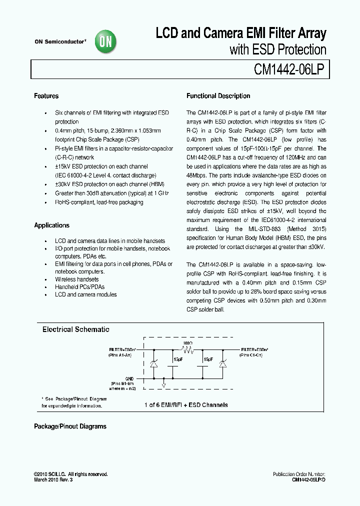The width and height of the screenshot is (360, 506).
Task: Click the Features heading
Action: click(46, 96)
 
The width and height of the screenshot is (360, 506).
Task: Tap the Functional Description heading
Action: click(218, 96)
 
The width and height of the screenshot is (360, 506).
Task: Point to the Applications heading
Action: click(51, 225)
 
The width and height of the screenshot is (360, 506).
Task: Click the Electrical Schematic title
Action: click(75, 329)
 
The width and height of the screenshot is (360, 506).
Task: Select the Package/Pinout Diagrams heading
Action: click(70, 426)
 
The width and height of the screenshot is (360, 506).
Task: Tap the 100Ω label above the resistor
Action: click(188, 343)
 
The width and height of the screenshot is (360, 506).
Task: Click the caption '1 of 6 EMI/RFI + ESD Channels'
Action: click(186, 405)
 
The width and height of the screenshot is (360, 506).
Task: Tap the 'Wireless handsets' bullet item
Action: click(76, 279)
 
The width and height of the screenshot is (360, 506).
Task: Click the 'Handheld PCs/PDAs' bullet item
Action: click(79, 287)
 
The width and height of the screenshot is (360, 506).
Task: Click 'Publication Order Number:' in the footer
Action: click(299, 474)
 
